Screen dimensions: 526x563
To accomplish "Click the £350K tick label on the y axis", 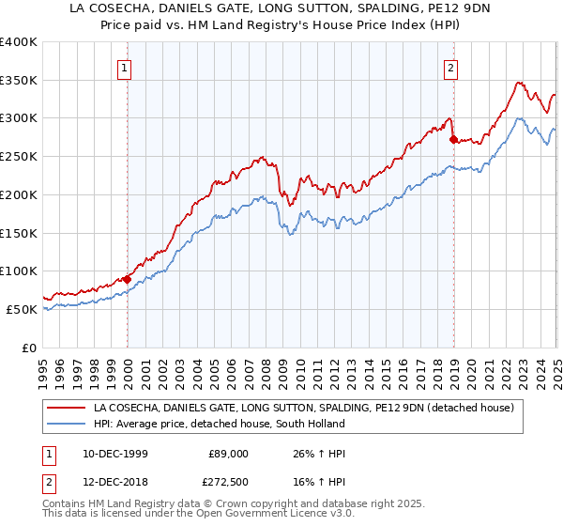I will (19, 81).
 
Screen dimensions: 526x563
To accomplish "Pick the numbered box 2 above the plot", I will (451, 67).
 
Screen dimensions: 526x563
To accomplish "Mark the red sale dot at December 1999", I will (128, 279).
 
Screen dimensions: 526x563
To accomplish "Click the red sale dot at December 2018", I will (453, 139).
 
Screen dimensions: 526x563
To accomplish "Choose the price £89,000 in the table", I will (228, 453).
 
